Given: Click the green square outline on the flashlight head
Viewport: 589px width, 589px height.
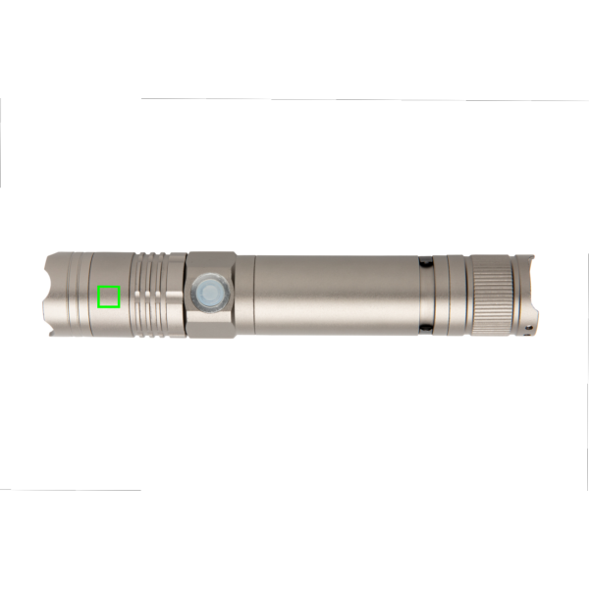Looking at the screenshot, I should [x=109, y=296].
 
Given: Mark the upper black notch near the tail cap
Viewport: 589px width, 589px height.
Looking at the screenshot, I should [x=425, y=262].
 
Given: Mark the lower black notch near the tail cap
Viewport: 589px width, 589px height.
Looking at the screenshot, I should [x=425, y=328].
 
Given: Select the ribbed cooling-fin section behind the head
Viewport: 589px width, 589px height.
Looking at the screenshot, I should [x=157, y=294].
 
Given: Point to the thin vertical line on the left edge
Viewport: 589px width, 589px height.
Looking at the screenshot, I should [x=1, y=142].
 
